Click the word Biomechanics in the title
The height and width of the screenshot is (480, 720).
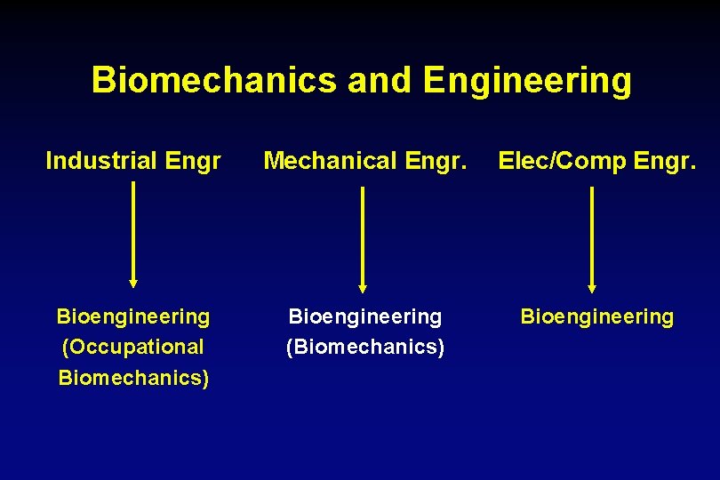pyautogui.click(x=214, y=80)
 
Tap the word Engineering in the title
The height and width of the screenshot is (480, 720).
pyautogui.click(x=527, y=80)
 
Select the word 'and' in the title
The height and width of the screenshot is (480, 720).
pyautogui.click(x=380, y=80)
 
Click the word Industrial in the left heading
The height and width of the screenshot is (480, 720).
pyautogui.click(x=98, y=161)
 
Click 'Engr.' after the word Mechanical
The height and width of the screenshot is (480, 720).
pyautogui.click(x=436, y=161)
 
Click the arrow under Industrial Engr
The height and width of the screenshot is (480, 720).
pyautogui.click(x=133, y=233)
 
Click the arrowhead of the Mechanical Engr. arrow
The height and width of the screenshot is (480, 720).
pyautogui.click(x=363, y=287)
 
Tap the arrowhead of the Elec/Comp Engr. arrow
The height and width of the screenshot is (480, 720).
pyautogui.click(x=592, y=287)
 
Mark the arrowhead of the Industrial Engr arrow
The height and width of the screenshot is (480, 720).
pyautogui.click(x=133, y=282)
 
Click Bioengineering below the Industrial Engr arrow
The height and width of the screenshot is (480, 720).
pyautogui.click(x=133, y=316)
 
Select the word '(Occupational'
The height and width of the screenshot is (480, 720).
pyautogui.click(x=133, y=347)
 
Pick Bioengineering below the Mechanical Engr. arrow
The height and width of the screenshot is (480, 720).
pyautogui.click(x=365, y=316)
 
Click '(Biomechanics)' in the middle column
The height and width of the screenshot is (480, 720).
pyautogui.click(x=365, y=347)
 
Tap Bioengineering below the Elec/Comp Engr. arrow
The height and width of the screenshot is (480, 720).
pyautogui.click(x=597, y=316)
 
